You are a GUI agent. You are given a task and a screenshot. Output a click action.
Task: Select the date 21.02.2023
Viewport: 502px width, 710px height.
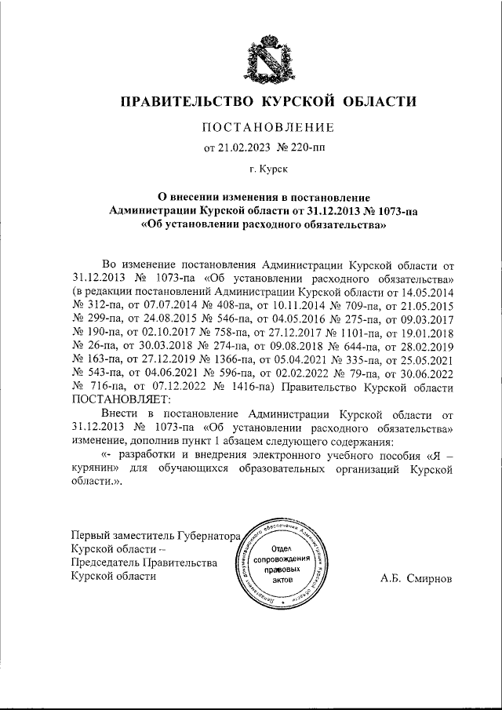pyautogui.click(x=244, y=147)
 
